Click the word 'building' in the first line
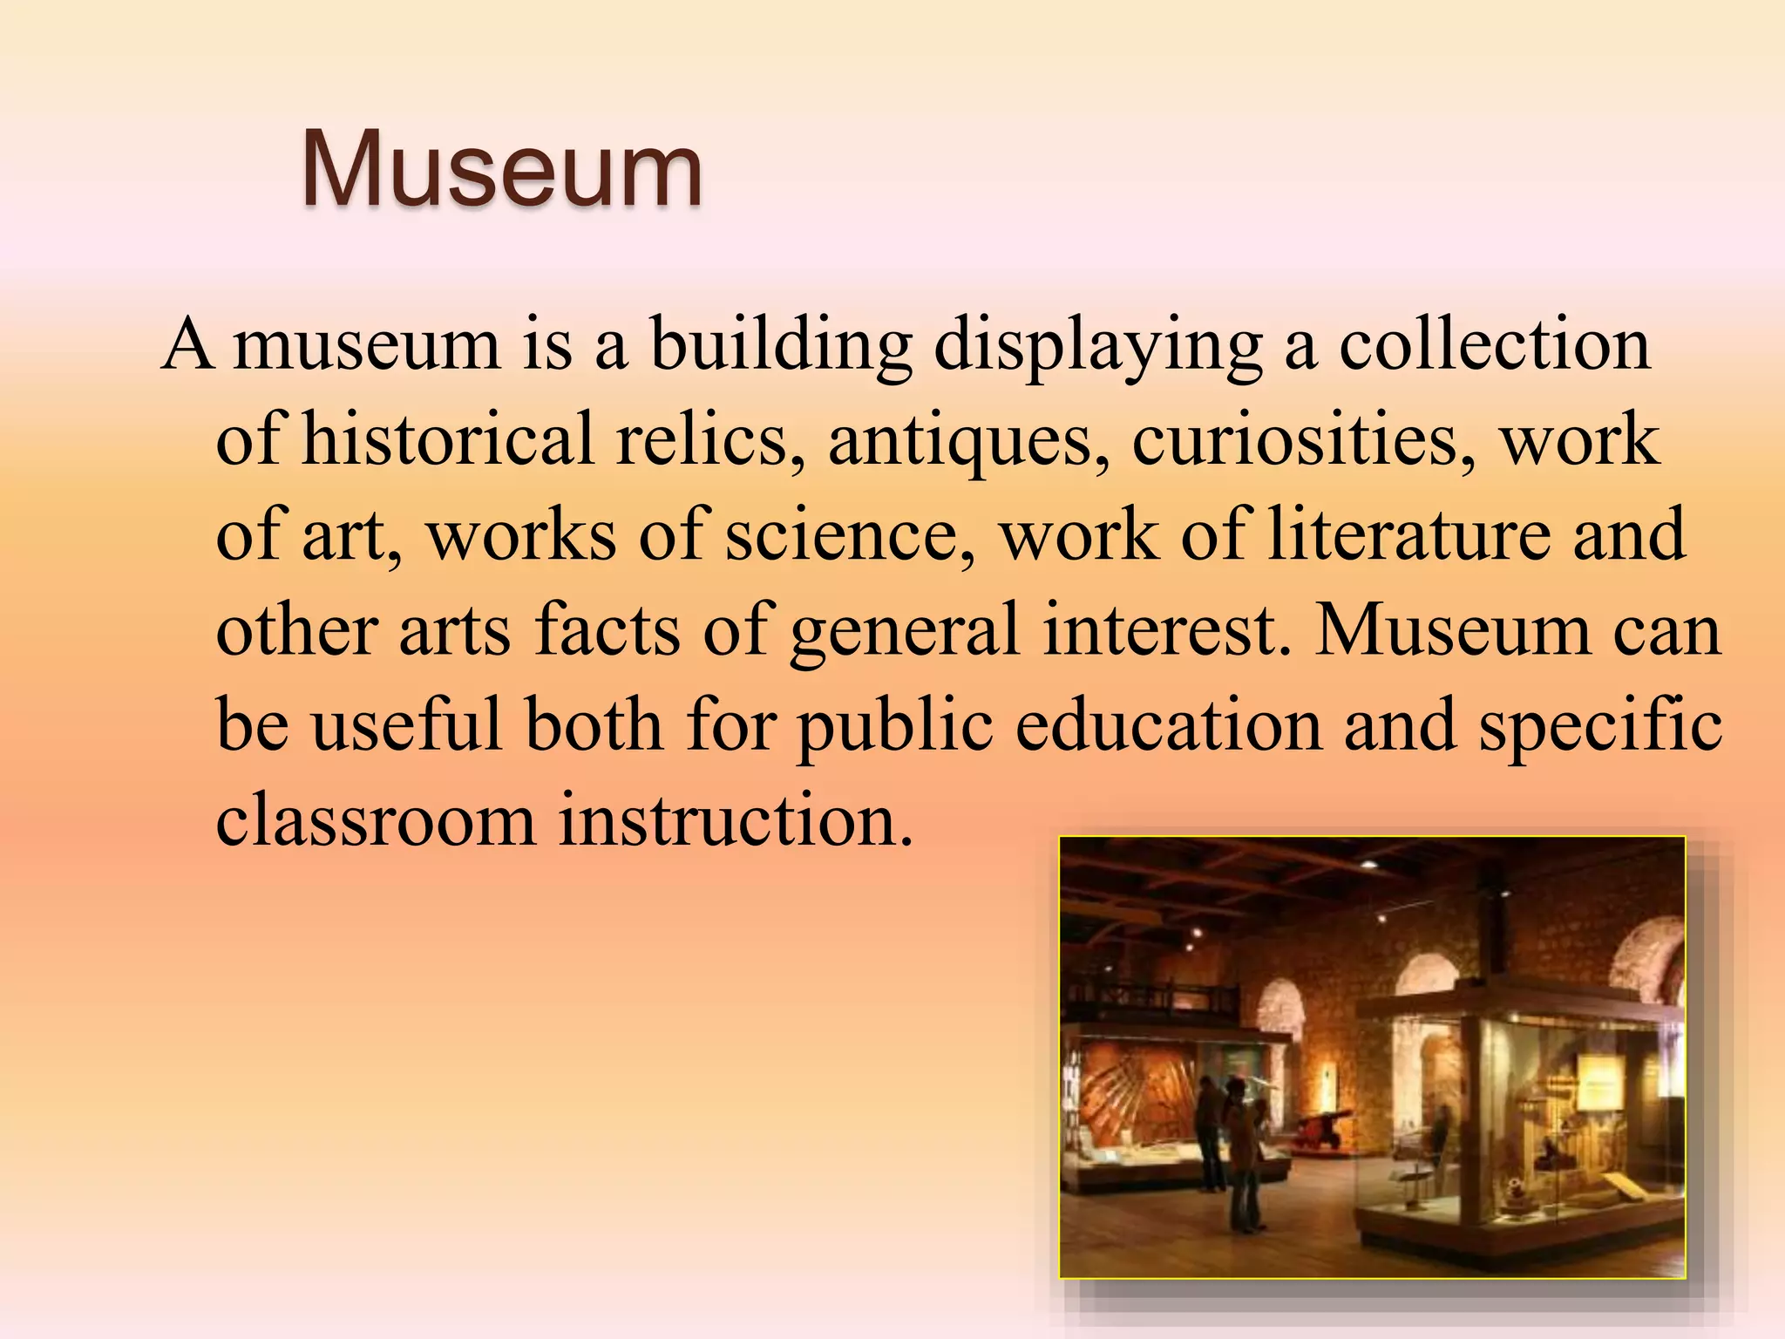(780, 345)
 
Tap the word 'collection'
(1494, 345)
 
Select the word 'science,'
(850, 535)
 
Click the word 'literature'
(1408, 534)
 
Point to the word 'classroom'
(376, 819)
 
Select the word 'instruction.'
(736, 819)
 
